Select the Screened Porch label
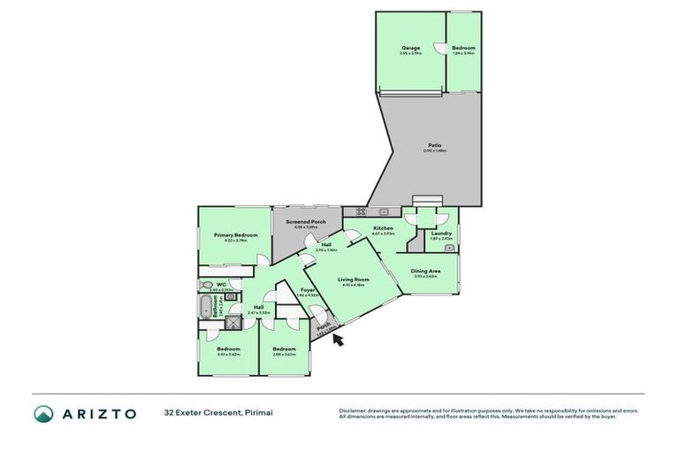(305, 221)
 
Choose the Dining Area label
(426, 271)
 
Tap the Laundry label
(441, 234)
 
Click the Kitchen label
(383, 228)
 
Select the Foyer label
(308, 290)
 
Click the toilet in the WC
(206, 285)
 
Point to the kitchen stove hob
(360, 211)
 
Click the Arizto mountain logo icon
(43, 413)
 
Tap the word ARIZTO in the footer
(97, 413)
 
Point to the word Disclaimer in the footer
(355, 411)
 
